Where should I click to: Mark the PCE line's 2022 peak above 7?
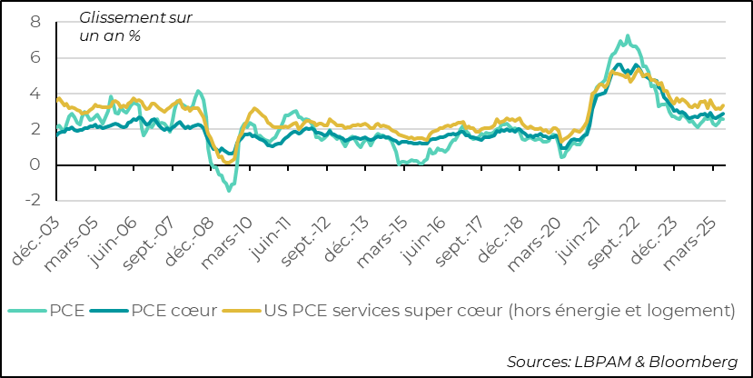pos(628,36)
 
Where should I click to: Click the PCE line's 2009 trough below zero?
pos(229,190)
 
